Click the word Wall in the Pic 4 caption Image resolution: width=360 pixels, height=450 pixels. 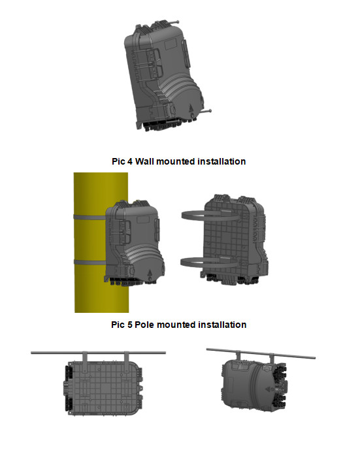click(144, 161)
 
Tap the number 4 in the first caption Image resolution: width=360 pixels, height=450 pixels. click(130, 161)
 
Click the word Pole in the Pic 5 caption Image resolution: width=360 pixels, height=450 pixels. click(145, 325)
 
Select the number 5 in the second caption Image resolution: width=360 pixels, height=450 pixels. click(130, 325)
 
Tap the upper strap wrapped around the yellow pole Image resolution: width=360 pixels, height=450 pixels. click(90, 217)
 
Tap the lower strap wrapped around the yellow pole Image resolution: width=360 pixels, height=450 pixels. click(90, 262)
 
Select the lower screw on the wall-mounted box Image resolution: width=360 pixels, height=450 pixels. click(206, 111)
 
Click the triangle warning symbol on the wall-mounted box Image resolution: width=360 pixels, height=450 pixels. click(191, 108)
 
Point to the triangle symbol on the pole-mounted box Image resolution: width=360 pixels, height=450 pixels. click(150, 273)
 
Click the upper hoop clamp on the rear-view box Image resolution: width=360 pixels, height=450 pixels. click(210, 216)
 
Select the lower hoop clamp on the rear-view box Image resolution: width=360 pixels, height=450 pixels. click(210, 263)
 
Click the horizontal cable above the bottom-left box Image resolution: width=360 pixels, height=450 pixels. click(98, 353)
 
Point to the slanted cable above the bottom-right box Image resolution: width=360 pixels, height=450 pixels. click(261, 353)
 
